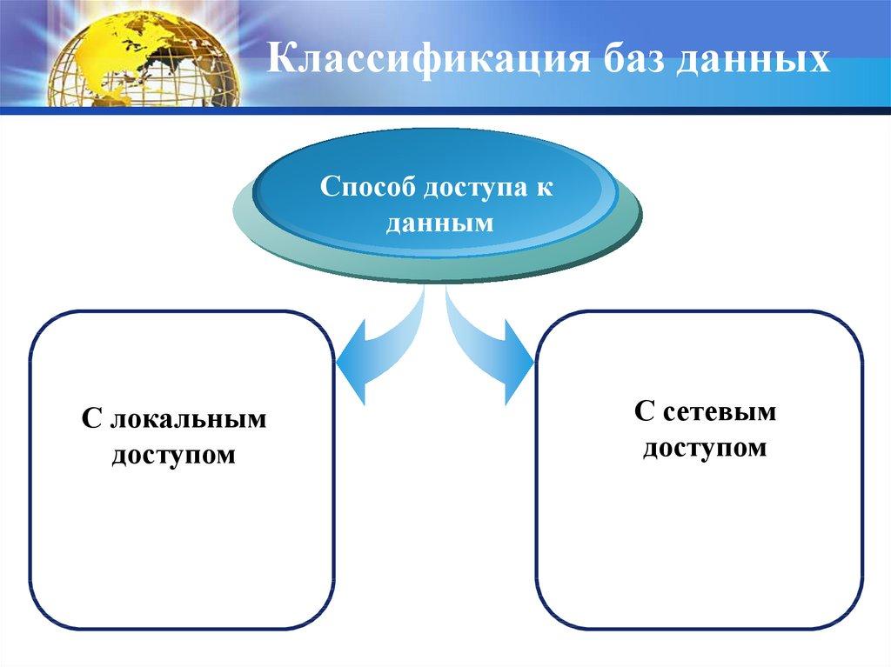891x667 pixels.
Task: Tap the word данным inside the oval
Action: click(x=439, y=223)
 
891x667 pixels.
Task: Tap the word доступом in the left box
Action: click(x=173, y=454)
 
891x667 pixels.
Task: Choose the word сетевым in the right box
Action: click(x=718, y=412)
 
